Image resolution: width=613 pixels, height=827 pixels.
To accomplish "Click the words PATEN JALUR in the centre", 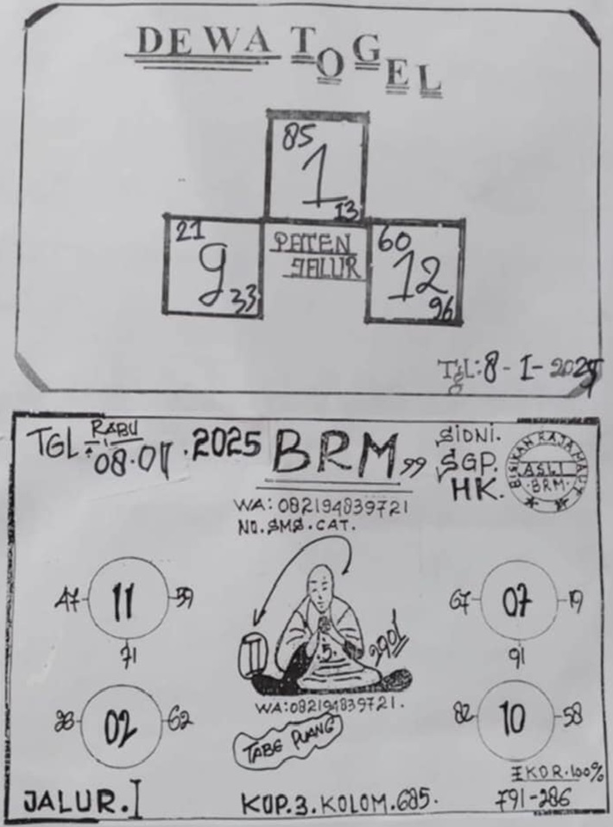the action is click(315, 254).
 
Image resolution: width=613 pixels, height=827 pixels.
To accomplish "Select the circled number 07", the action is click(516, 600).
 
